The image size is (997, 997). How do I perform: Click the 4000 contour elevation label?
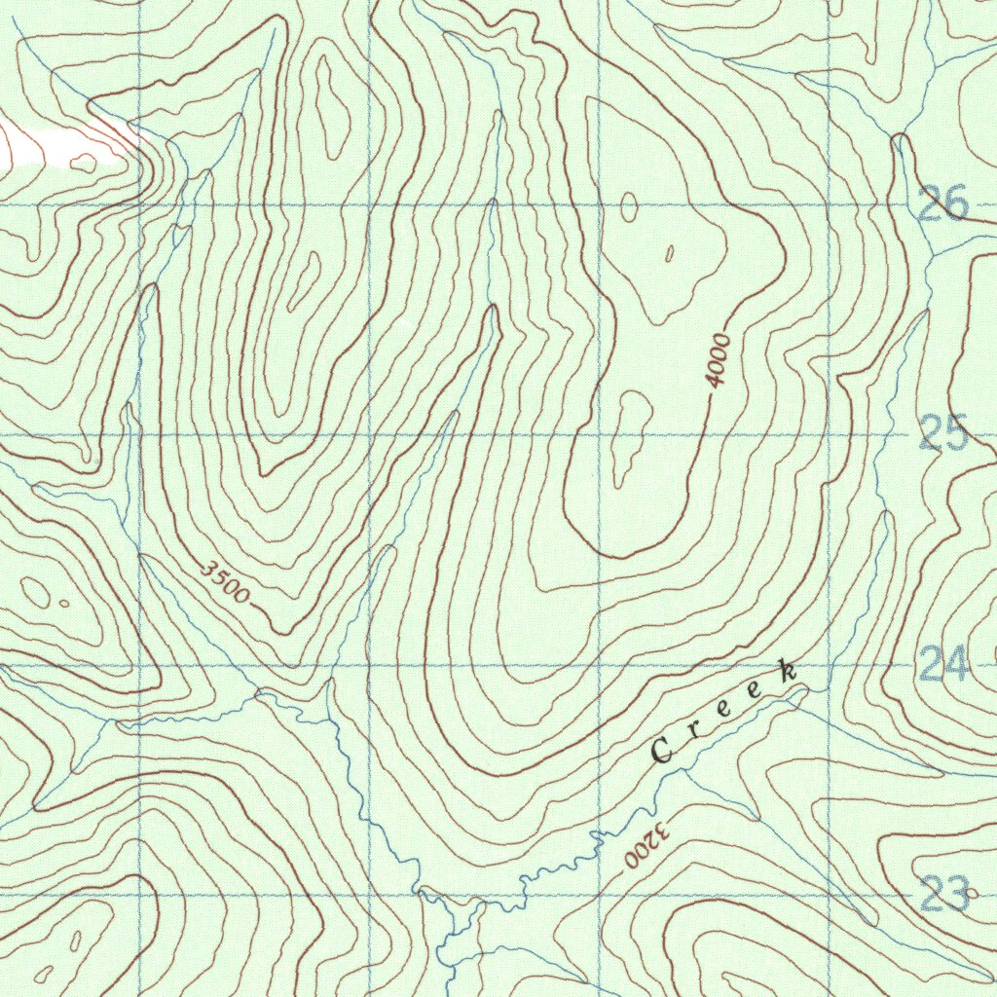[718, 360]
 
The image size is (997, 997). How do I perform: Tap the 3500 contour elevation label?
[226, 581]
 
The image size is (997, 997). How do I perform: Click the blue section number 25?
[943, 432]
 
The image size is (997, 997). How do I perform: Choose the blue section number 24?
[943, 666]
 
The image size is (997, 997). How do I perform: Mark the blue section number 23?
[943, 894]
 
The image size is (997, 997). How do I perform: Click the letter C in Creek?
[662, 751]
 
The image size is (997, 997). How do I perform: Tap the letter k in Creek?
[788, 671]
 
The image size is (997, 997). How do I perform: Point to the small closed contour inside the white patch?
[84, 164]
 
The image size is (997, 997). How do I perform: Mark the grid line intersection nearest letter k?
[829, 666]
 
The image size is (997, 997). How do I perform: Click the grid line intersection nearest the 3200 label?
[598, 895]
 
